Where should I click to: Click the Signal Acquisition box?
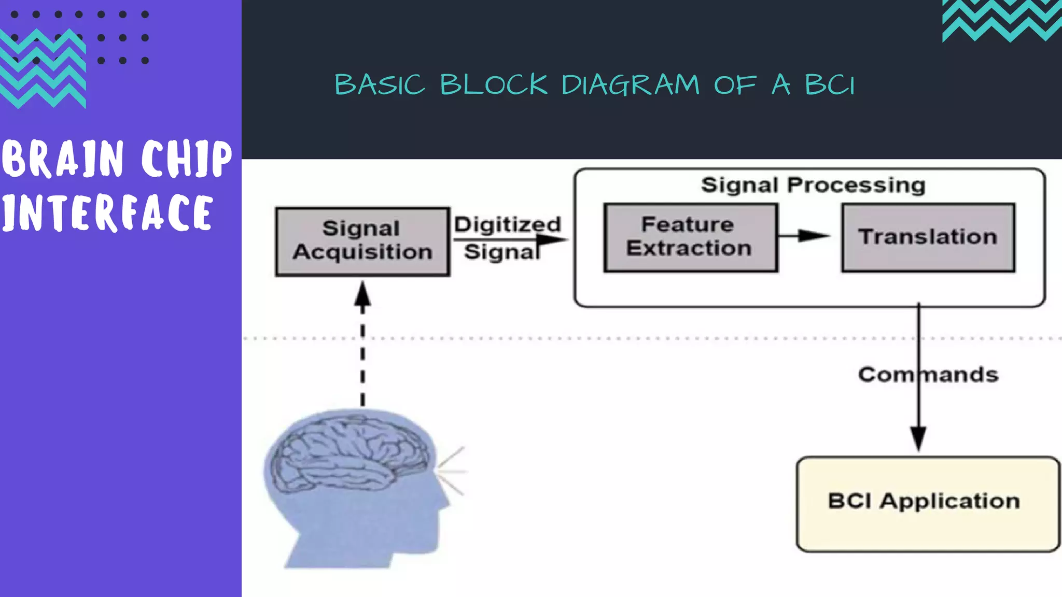coord(362,241)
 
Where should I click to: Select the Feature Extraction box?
coord(690,237)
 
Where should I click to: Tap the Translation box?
coord(928,237)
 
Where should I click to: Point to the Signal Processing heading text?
coord(813,185)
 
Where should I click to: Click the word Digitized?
coord(507,224)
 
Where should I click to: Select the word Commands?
coord(928,374)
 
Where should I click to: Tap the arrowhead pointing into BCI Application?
coord(918,438)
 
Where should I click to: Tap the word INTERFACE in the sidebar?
coord(106,212)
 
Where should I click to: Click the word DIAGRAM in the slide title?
coord(630,84)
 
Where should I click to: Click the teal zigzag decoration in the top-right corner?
coord(1001,21)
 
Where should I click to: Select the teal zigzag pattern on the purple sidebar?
coord(43,70)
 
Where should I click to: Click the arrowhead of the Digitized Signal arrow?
coord(553,239)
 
